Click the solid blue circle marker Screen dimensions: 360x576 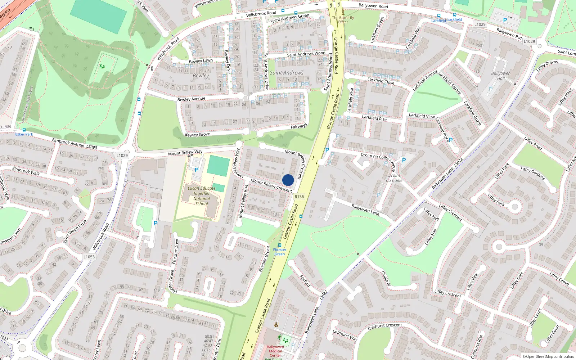pos(288,180)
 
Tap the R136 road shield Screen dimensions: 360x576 pos(299,197)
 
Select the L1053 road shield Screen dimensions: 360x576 pos(89,257)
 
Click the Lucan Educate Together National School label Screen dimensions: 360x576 pos(202,196)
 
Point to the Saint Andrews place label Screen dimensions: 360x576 pos(287,72)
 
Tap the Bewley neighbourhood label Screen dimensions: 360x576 pos(201,76)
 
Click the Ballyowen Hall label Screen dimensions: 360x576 pos(501,76)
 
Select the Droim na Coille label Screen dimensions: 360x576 pos(394,178)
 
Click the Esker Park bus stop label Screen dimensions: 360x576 pos(24,134)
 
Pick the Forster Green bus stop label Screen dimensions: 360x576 pos(280,252)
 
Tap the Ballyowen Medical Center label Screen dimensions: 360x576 pos(275,351)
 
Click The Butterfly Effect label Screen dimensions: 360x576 pos(343,19)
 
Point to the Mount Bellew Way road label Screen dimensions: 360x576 pos(185,153)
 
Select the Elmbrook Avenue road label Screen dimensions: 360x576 pos(68,142)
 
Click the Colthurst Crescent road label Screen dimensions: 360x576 pos(385,326)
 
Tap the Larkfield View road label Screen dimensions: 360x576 pos(422,116)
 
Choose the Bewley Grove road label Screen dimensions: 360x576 pos(197,135)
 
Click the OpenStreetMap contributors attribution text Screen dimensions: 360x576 pos(548,356)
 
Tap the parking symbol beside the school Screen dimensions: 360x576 pos(197,170)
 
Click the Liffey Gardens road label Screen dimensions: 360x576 pos(532,174)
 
